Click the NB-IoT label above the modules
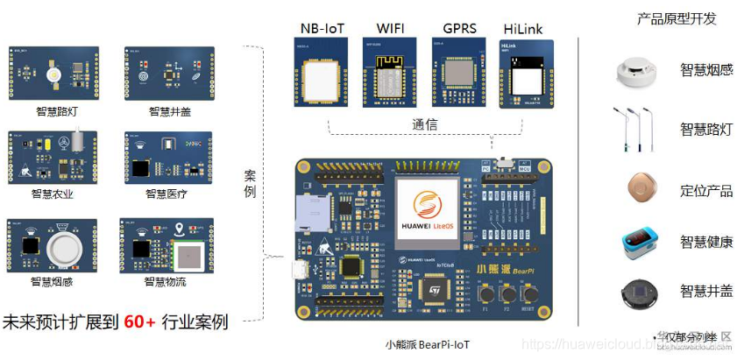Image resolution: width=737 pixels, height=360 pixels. pyautogui.click(x=322, y=29)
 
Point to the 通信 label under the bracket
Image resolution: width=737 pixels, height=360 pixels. pyautogui.click(x=425, y=124)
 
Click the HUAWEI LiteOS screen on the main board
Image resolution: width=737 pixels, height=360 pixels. pyautogui.click(x=427, y=212)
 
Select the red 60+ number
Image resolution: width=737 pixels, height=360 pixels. pyautogui.click(x=139, y=321)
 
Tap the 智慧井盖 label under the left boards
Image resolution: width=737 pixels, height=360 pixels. pyautogui.click(x=167, y=112)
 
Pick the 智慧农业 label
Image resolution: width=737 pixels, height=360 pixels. pyautogui.click(x=53, y=194)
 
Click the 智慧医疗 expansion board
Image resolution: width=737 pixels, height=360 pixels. pyautogui.click(x=167, y=157)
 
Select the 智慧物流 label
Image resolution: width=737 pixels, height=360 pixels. pyautogui.click(x=167, y=282)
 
